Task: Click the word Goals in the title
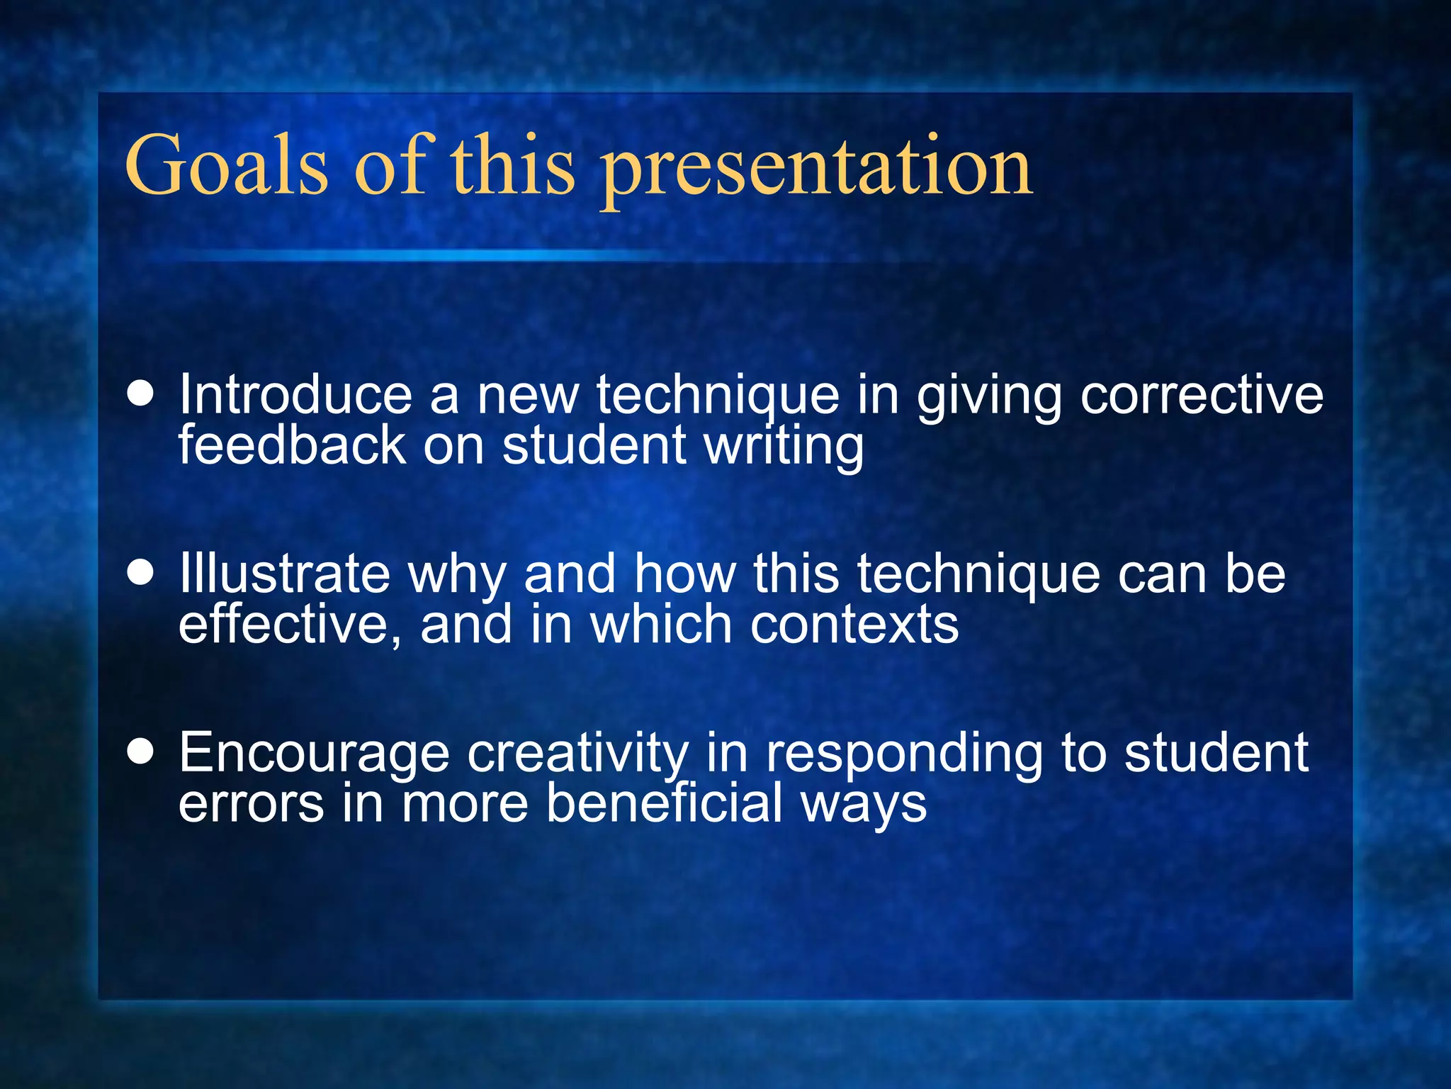coord(227,166)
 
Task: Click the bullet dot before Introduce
coord(141,394)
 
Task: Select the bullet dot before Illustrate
coord(141,573)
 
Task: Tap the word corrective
coord(1202,394)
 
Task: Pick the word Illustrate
coord(284,573)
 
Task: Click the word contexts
coord(854,625)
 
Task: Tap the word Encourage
coord(314,753)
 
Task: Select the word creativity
coord(577,753)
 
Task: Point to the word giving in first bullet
coord(989,396)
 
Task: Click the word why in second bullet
coord(457,574)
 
